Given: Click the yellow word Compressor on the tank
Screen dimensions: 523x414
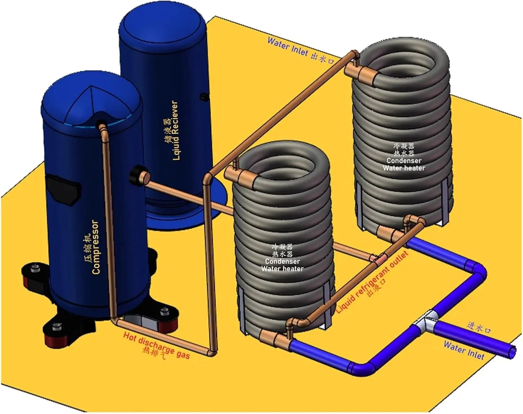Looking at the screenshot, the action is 96,248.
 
